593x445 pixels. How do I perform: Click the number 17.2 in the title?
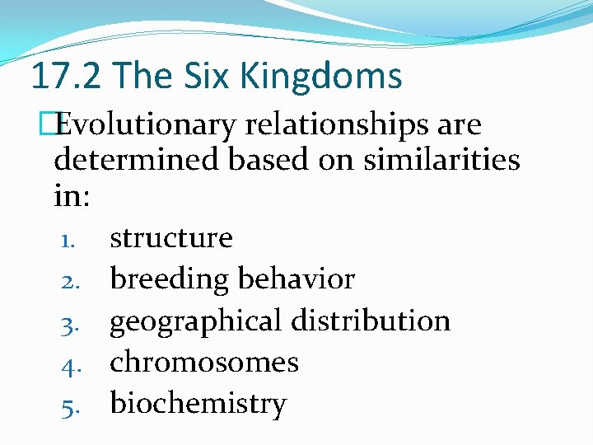(68, 76)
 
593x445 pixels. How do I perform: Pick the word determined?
(136, 159)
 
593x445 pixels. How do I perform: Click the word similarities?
(444, 159)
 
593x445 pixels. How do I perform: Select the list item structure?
(171, 238)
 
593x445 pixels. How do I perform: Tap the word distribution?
(375, 321)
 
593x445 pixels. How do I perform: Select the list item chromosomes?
(204, 362)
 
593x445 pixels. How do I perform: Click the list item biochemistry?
(198, 404)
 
